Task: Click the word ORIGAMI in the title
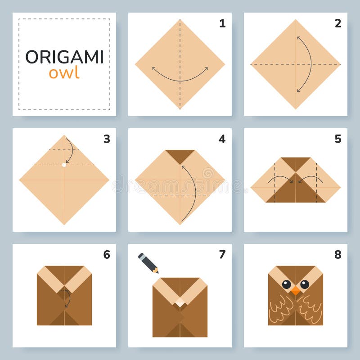pos(64,57)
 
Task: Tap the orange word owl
pos(64,73)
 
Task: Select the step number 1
pos(222,23)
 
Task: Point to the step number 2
pos(337,23)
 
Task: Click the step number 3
pos(107,139)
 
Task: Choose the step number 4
pos(222,139)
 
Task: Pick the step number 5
pos(337,139)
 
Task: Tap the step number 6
pos(107,255)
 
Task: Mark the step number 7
pos(222,255)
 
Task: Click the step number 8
pos(337,255)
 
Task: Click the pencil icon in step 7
pos(148,263)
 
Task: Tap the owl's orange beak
pos(295,291)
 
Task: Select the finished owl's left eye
pos(286,284)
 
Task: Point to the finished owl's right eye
pos(305,284)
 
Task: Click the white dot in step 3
pos(64,165)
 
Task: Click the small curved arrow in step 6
pos(67,298)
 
